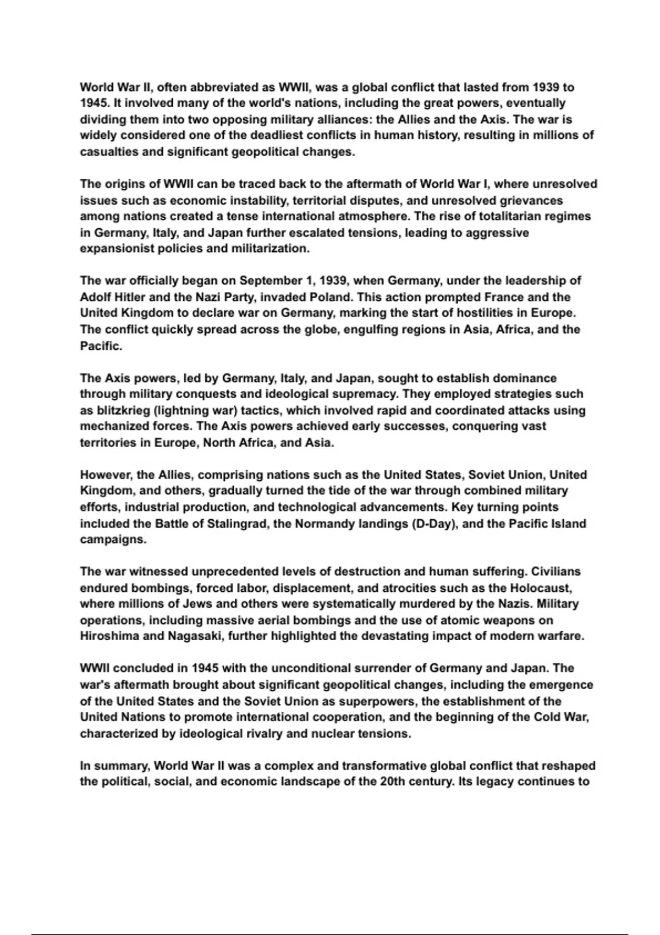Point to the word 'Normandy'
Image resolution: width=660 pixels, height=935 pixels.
325,524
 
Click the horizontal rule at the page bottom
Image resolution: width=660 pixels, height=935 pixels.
329,919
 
